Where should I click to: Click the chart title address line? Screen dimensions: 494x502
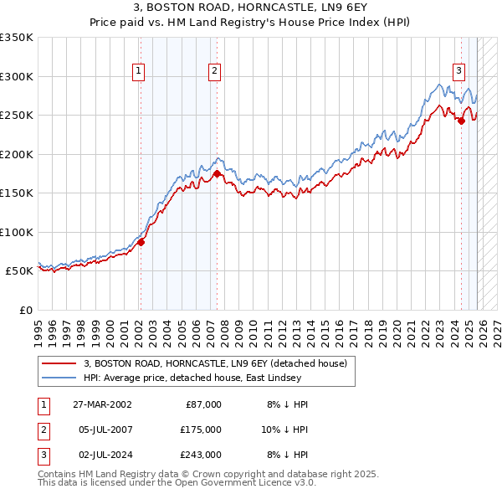[x=250, y=8]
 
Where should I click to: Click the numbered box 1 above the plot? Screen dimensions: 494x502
[x=138, y=71]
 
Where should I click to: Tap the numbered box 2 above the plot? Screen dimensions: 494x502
[x=215, y=71]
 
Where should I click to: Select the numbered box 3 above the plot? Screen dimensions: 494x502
[x=459, y=71]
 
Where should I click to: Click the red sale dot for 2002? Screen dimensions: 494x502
[x=141, y=242]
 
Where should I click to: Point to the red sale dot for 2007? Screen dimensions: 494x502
[x=217, y=174]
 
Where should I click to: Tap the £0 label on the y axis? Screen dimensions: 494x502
[x=25, y=310]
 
